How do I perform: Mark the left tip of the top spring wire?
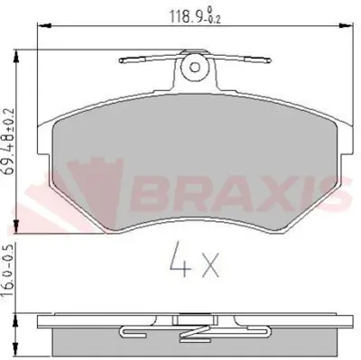point(121,61)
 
